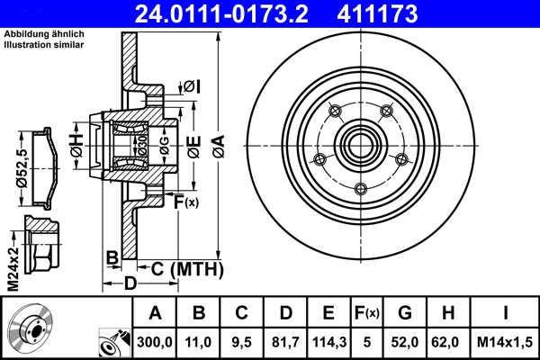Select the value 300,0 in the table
coord(155,343)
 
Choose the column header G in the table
coord(405,314)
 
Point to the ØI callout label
coord(191,86)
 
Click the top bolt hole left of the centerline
coord(335,112)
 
